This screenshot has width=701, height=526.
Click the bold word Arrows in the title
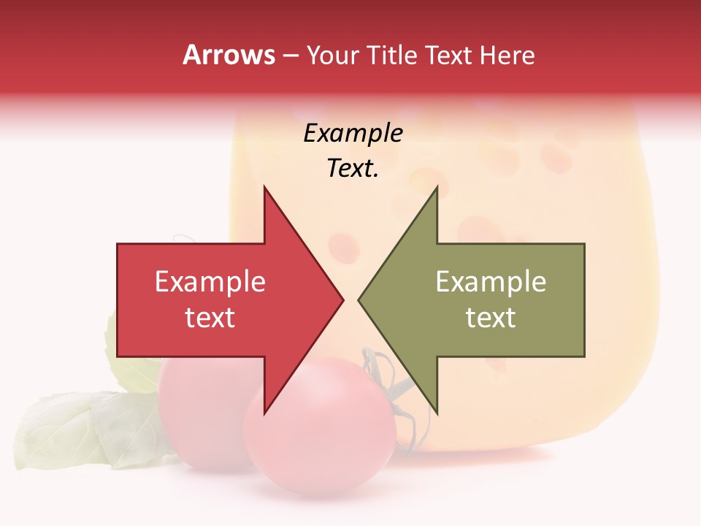pos(229,55)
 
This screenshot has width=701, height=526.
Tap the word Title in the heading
pos(391,56)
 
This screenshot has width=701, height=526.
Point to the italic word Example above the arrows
pos(353,133)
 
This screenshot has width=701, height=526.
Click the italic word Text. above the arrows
pos(353,168)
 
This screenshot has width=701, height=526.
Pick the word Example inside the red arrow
pos(210,282)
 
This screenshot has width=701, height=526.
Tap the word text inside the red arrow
pos(210,318)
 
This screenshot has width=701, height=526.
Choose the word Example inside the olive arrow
pos(491,282)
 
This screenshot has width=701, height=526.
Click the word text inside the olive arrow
pos(491,318)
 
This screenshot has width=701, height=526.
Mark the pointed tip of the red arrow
pos(343,300)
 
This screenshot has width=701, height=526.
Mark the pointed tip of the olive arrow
pos(359,300)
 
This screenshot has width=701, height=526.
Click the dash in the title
pos(290,56)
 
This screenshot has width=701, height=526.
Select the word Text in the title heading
pos(448,56)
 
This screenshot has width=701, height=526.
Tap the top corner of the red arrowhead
pos(264,187)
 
